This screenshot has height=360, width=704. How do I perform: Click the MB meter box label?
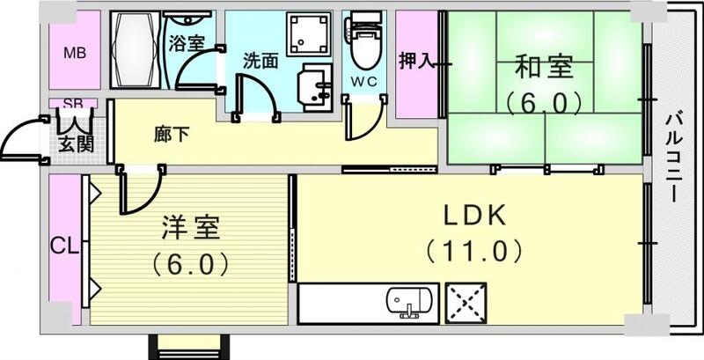[x=73, y=52]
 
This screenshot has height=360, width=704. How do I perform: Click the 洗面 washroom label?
[x=261, y=62]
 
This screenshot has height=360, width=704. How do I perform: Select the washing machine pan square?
[x=302, y=34]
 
